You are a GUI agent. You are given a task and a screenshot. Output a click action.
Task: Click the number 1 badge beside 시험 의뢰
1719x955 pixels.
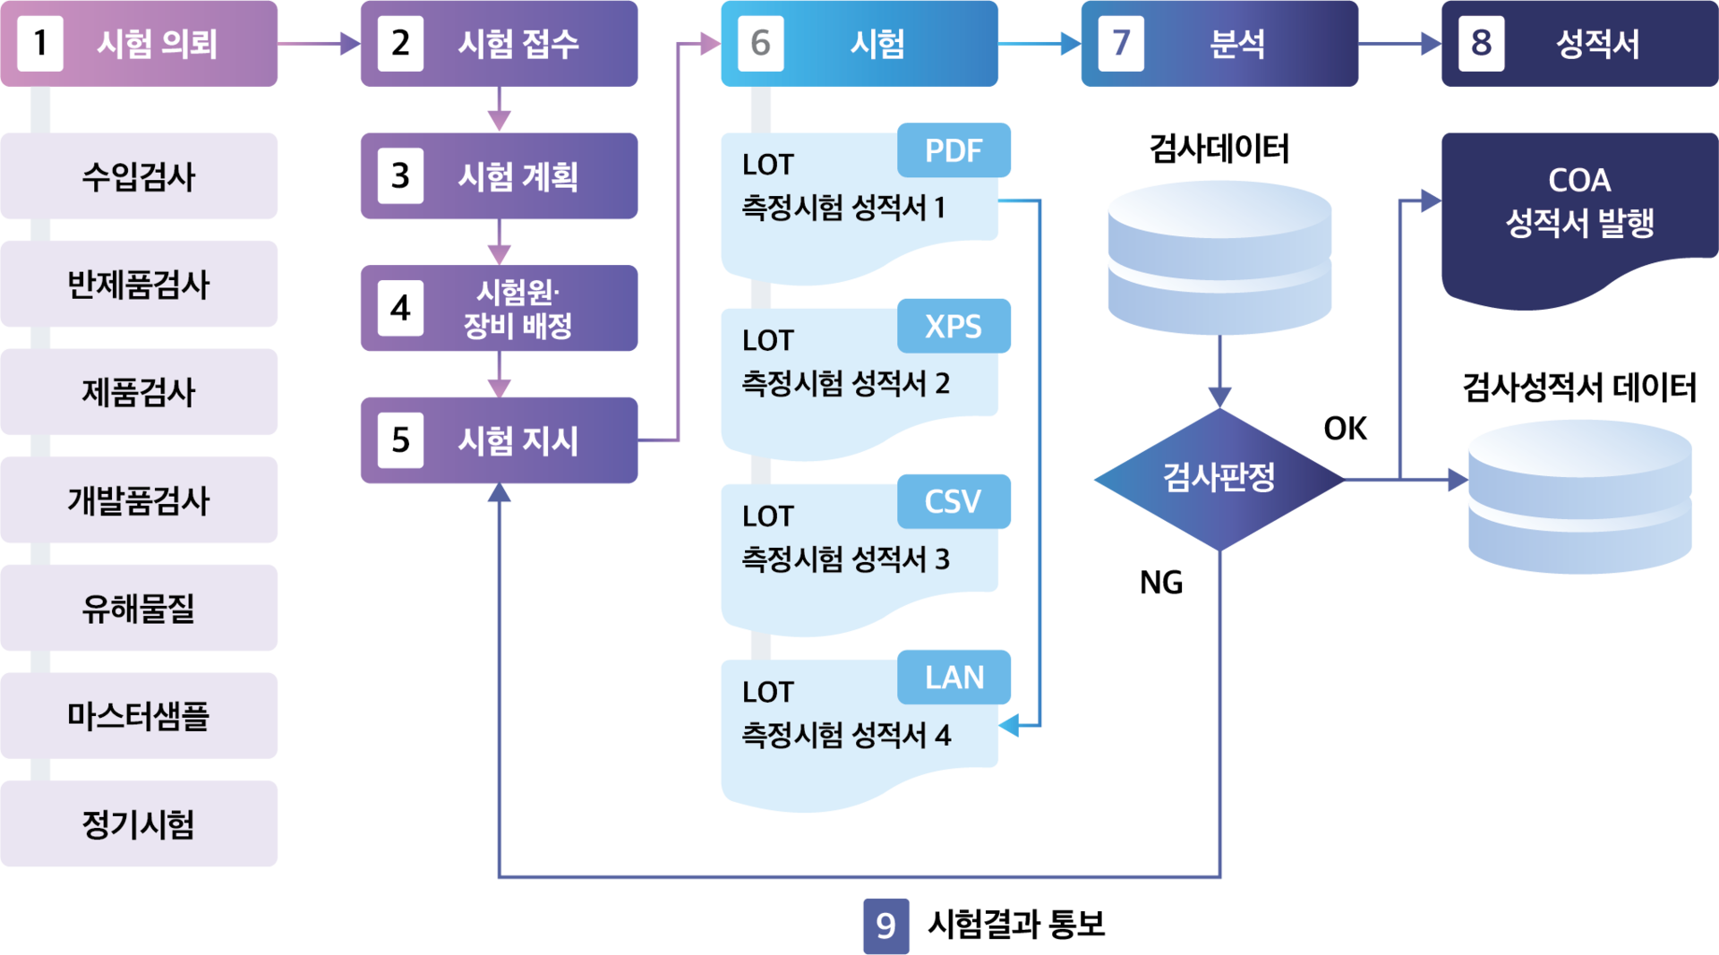coord(40,43)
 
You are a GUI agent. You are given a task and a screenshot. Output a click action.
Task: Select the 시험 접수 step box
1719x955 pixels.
coord(499,43)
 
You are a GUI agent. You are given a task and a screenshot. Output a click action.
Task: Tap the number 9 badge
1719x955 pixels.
coord(885,925)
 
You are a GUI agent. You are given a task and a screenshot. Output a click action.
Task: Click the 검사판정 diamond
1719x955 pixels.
coord(1219,478)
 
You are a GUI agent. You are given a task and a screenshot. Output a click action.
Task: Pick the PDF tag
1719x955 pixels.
coord(954,150)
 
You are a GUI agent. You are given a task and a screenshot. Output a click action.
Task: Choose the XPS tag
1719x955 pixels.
coord(954,326)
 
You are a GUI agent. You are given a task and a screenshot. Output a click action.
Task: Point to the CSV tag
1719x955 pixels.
coord(954,501)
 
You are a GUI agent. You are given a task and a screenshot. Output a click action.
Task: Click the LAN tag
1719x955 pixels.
coord(954,678)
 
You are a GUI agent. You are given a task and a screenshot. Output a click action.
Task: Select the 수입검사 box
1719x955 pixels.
coord(139,176)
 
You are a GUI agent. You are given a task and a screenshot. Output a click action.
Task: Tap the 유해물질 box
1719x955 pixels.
coord(139,608)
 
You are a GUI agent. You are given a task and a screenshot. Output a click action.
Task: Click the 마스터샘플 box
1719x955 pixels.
coord(139,716)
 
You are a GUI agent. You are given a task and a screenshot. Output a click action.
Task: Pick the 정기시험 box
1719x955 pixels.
coord(139,823)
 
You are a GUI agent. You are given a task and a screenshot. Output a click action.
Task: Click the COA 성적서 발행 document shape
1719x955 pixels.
coord(1578,215)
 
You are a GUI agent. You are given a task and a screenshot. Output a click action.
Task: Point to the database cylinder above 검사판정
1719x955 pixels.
coord(1219,258)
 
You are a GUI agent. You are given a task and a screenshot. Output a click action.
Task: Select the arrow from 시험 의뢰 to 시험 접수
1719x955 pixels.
coord(319,43)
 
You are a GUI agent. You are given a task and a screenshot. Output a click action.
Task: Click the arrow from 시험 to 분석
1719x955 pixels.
coord(1039,43)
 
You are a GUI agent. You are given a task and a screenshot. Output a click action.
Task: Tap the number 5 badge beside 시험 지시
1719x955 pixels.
coord(400,440)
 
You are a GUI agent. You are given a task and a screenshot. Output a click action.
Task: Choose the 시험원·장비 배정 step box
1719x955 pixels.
coord(499,309)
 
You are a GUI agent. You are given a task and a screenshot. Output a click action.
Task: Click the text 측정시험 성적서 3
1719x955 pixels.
coord(845,559)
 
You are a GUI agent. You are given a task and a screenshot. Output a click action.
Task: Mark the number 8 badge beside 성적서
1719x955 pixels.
coord(1481,43)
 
